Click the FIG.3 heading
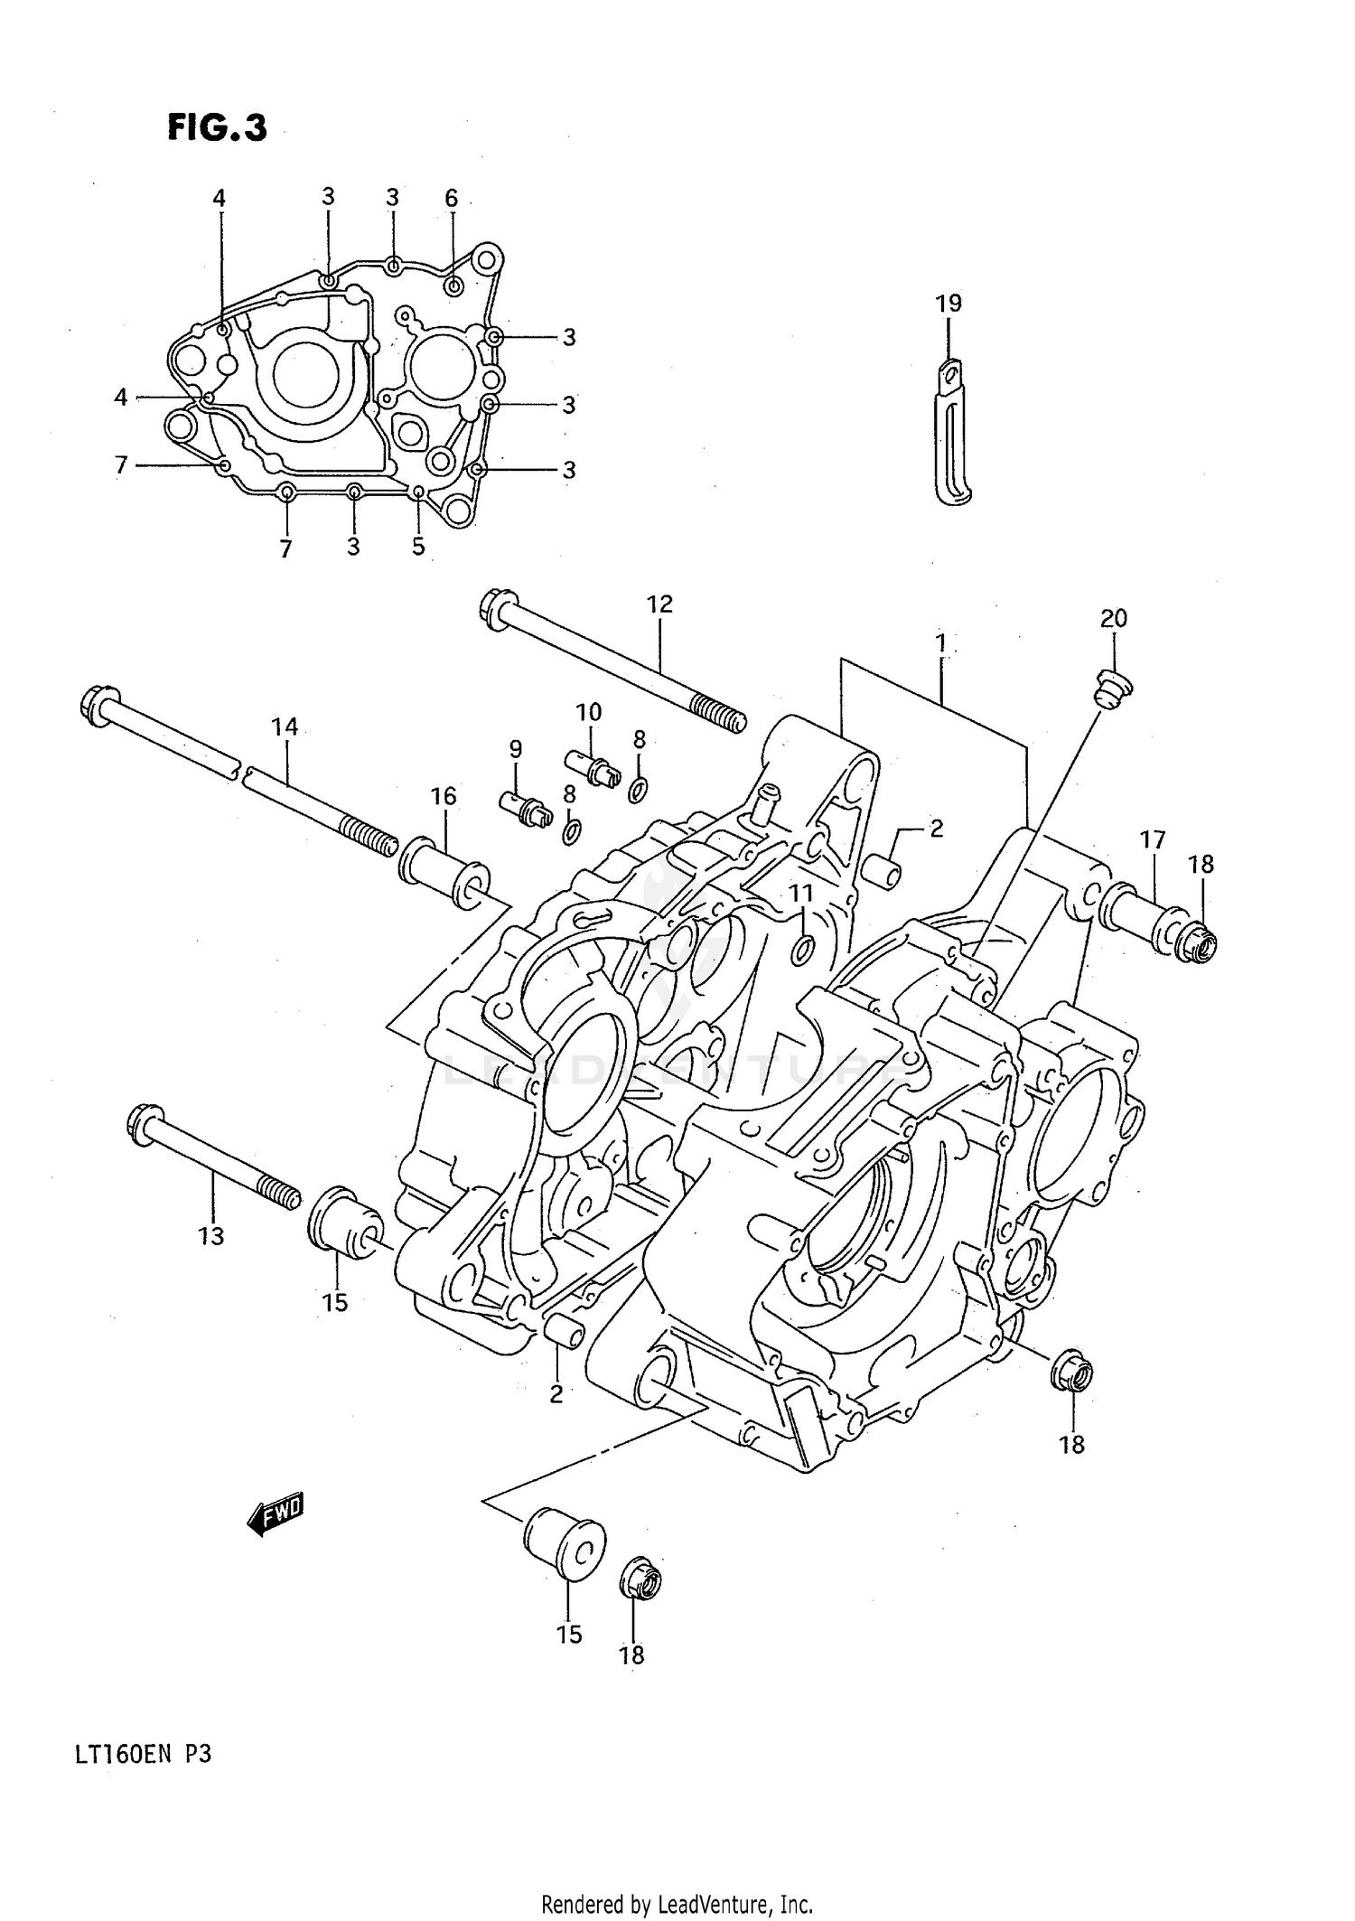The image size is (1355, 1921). coord(217,128)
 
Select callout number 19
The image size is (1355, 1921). coord(948,303)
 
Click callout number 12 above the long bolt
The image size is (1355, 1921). coord(659,604)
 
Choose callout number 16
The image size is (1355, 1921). coord(443,796)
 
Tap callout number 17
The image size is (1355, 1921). coord(1153,839)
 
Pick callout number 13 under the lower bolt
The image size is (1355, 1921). coord(210,1235)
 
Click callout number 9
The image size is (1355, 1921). coord(515,748)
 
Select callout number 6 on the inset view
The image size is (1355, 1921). coord(451,198)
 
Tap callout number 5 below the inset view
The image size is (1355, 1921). coord(418,547)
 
